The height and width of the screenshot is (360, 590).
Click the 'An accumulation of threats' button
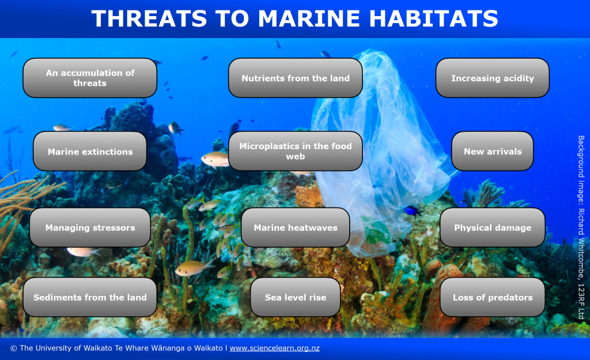tap(90, 78)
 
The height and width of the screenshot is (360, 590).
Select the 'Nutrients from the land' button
tap(296, 78)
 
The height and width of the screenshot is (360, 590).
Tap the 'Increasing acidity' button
tap(493, 78)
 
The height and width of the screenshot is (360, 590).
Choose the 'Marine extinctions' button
tap(90, 151)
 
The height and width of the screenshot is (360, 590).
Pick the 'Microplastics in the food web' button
tap(296, 151)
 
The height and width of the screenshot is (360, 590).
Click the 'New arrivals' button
tap(493, 151)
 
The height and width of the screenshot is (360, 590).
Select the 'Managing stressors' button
tap(90, 228)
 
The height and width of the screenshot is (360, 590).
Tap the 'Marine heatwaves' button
tap(296, 228)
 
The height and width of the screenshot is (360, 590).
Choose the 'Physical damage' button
tap(493, 228)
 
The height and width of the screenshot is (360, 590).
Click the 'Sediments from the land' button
tap(90, 297)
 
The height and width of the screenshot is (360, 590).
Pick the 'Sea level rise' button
tap(296, 297)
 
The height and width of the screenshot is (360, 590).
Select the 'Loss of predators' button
tap(493, 297)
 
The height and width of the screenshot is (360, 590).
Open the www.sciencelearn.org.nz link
tap(275, 348)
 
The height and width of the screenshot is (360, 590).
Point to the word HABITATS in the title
tap(433, 18)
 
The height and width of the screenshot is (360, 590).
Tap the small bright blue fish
tap(413, 210)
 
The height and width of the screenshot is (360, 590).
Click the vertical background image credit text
tap(581, 227)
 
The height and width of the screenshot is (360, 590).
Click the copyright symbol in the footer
tap(14, 348)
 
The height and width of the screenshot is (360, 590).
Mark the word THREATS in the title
tap(149, 18)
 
